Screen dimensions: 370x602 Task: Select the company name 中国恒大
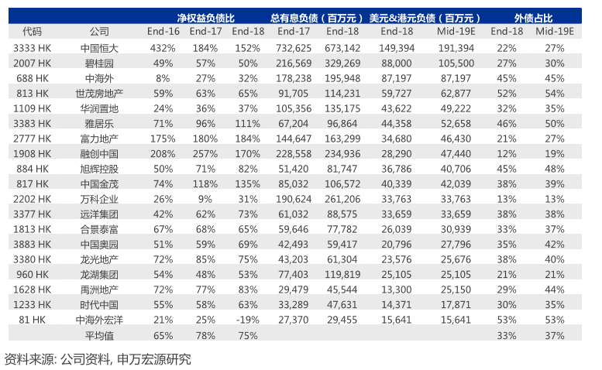click(x=99, y=48)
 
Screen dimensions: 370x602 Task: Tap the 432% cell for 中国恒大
click(x=163, y=48)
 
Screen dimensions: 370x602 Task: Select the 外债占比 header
click(x=534, y=17)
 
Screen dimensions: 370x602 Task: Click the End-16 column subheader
click(x=163, y=31)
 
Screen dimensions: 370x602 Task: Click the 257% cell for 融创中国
click(x=205, y=153)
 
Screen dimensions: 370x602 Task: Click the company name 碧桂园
click(x=99, y=63)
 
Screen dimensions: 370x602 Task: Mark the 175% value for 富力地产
click(x=163, y=138)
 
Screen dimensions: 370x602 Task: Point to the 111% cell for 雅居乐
click(x=247, y=123)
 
